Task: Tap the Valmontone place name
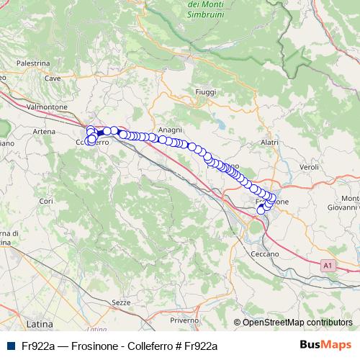[46, 107]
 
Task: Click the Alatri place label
[269, 143]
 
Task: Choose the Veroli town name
[309, 166]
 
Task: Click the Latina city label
[35, 315]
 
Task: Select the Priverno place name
[184, 320]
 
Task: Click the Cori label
[47, 201]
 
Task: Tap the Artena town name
[44, 132]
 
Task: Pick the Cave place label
[52, 78]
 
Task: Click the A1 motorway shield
[328, 266]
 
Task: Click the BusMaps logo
[324, 345]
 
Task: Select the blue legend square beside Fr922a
[11, 346]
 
